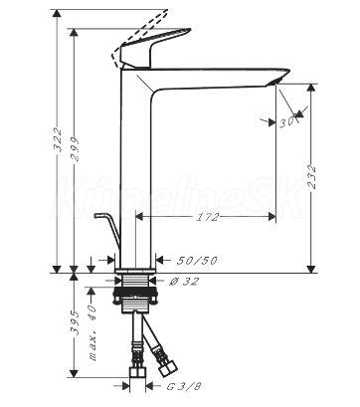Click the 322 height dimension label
click(x=58, y=139)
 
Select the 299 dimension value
click(x=75, y=149)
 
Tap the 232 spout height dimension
click(x=312, y=177)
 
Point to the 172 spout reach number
click(x=208, y=217)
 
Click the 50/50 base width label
click(x=197, y=261)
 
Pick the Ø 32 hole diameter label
click(x=184, y=282)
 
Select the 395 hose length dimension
click(x=75, y=322)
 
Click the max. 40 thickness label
click(x=91, y=332)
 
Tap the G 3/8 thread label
click(x=183, y=386)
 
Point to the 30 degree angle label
click(x=286, y=122)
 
